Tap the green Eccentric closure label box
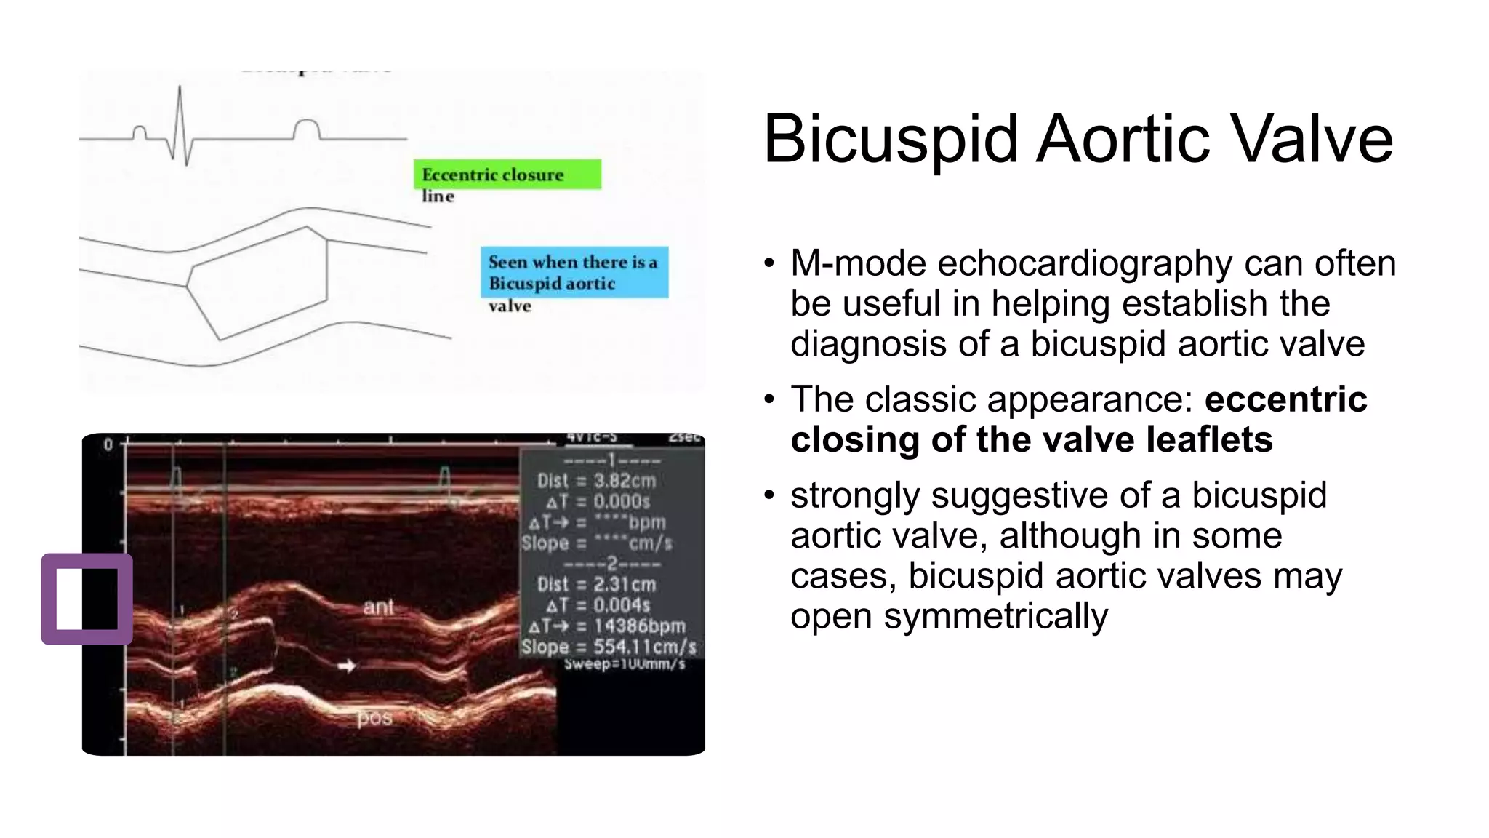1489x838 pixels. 507,175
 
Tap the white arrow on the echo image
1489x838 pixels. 347,665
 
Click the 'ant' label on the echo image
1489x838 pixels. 378,607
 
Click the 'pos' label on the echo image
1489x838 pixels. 374,718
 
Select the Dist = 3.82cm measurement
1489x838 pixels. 596,481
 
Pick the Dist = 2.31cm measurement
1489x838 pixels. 596,584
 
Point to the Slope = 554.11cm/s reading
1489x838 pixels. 609,647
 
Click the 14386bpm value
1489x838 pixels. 639,626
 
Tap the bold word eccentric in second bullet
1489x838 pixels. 1285,399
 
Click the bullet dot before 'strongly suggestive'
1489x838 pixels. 769,496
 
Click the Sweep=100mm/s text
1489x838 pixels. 625,663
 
